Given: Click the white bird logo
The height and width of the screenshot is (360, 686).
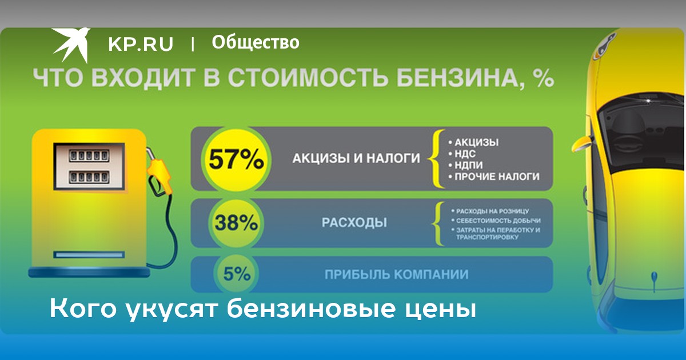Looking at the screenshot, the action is coord(71,45).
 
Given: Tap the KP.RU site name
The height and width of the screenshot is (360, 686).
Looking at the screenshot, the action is coord(141,44).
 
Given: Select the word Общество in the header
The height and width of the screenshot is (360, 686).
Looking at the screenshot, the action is coord(256,42).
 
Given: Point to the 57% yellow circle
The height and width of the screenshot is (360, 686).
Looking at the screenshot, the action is coord(236,159).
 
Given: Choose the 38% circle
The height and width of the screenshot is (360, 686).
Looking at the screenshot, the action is coord(236,223).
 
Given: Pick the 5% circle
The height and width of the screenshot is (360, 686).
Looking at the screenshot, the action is coord(237,274).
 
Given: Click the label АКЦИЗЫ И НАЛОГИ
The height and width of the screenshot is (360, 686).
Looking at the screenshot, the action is coord(356,159).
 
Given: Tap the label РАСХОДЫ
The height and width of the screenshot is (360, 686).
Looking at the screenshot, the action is coord(354,222).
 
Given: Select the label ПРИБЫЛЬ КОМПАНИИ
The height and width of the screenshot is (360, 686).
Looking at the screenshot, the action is coord(397,275).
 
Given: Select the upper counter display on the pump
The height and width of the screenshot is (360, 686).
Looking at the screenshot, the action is coord(89,156).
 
